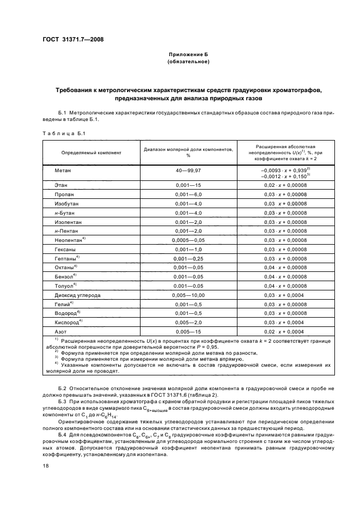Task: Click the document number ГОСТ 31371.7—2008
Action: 73,40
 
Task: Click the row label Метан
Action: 63,171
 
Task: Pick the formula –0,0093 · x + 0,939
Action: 284,171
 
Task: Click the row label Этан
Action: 61,185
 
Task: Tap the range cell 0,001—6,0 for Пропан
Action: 188,195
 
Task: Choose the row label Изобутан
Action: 66,203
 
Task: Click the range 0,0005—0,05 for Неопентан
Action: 188,239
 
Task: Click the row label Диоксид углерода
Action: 78,294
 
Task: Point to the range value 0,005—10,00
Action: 188,294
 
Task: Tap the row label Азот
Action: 60,330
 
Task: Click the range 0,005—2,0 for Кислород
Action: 188,321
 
